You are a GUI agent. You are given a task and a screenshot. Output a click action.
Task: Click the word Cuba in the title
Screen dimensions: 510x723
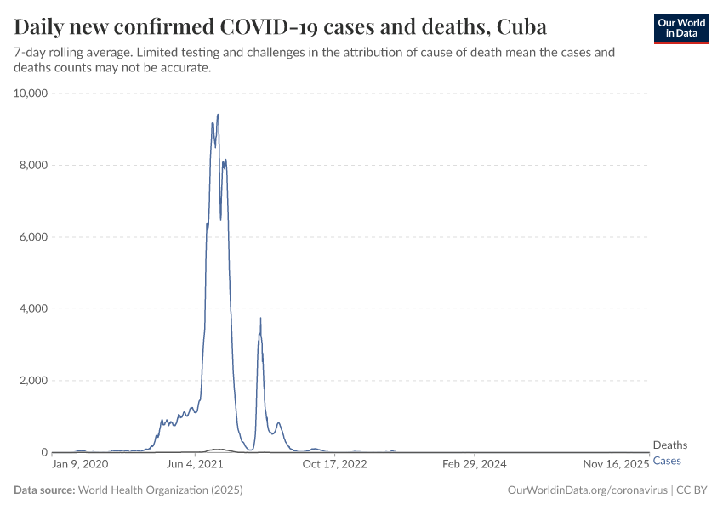point(521,25)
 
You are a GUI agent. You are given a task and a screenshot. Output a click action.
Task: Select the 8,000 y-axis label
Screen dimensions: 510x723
point(33,165)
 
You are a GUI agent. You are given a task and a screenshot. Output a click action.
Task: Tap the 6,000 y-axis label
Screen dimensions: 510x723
point(33,237)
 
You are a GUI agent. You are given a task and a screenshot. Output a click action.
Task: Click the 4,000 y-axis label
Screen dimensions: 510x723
point(33,309)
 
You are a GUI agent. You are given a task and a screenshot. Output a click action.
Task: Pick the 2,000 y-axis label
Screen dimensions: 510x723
point(33,381)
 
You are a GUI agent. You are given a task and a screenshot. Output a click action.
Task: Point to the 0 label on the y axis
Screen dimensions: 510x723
point(44,452)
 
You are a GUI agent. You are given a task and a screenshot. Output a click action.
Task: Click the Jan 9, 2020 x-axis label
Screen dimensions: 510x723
point(80,465)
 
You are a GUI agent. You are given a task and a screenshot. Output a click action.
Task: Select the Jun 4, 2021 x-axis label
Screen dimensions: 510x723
point(195,465)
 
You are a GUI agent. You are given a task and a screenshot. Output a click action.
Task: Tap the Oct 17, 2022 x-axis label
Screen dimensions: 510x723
point(334,465)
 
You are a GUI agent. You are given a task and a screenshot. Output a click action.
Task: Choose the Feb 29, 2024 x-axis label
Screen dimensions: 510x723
point(475,465)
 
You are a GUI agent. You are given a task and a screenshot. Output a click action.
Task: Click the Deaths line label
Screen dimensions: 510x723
point(669,445)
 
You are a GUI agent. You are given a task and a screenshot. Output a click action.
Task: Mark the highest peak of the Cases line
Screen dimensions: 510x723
point(218,115)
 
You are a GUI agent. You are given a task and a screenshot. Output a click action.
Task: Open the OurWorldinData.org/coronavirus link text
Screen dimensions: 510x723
point(587,490)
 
